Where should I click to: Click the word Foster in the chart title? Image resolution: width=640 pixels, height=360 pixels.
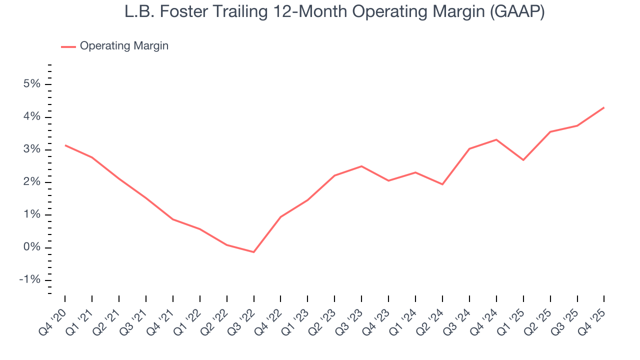click(176, 12)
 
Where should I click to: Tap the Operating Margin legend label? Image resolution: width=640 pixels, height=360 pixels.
click(124, 46)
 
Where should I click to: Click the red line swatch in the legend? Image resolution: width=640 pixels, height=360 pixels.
click(68, 46)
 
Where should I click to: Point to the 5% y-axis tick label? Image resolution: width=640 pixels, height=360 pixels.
click(31, 84)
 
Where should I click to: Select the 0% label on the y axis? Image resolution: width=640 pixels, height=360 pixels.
click(31, 248)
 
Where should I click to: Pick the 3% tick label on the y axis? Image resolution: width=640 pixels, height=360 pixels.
click(31, 150)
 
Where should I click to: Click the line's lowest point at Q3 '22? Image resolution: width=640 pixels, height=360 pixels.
click(254, 252)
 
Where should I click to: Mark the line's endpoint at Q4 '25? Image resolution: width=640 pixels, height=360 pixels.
click(604, 107)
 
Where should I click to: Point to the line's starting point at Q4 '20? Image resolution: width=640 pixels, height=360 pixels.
click(65, 145)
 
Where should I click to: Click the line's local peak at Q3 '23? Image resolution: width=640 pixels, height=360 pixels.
click(361, 166)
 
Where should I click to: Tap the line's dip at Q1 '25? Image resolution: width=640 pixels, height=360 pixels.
click(523, 160)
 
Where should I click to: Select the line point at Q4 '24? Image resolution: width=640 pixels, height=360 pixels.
click(496, 139)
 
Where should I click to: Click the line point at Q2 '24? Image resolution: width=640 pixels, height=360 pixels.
click(442, 184)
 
